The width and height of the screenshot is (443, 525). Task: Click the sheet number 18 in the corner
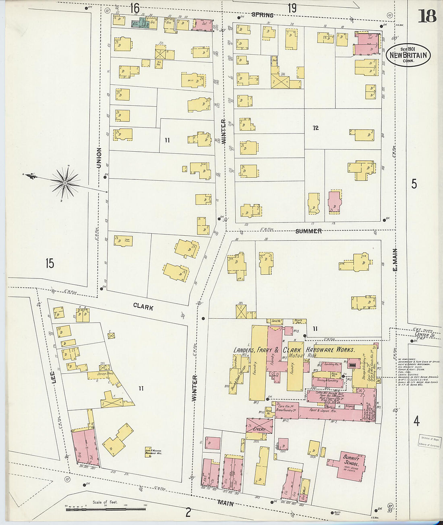427,16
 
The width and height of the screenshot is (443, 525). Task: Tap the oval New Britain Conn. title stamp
408,55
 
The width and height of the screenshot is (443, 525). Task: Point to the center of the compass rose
64,183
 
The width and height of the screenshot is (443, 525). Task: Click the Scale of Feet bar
106,510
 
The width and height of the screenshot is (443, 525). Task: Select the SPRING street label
262,15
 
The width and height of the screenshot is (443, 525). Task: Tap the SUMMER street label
308,231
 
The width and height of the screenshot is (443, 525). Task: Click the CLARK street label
143,307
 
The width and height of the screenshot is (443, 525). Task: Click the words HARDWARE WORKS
330,350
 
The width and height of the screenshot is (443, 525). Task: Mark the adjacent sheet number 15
50,264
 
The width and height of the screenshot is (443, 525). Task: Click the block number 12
315,128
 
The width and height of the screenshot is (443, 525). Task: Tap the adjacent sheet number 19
292,8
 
